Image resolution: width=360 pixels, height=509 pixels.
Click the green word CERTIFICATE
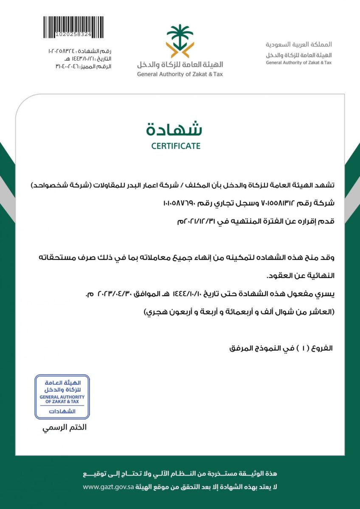tap(176, 146)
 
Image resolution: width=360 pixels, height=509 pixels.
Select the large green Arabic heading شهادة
tap(174, 128)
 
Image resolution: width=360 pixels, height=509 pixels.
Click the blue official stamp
tap(62, 397)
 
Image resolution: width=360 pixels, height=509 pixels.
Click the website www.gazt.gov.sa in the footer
tap(108, 487)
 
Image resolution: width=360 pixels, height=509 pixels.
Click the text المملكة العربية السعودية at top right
tap(299, 44)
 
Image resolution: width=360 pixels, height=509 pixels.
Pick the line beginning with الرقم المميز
tap(83, 66)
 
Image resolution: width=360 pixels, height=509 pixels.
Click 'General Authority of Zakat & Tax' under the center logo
tap(180, 74)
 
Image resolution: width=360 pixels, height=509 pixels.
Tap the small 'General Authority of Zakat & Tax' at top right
tap(299, 62)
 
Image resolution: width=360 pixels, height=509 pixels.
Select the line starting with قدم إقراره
tap(256, 221)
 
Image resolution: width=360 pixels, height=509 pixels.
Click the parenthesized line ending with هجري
tap(239, 312)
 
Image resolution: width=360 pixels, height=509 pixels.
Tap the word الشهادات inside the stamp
tap(62, 411)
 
